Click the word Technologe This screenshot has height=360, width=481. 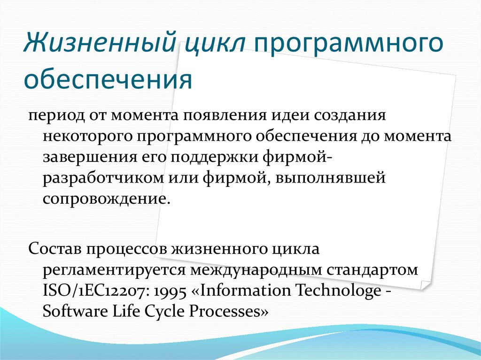coord(337,291)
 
